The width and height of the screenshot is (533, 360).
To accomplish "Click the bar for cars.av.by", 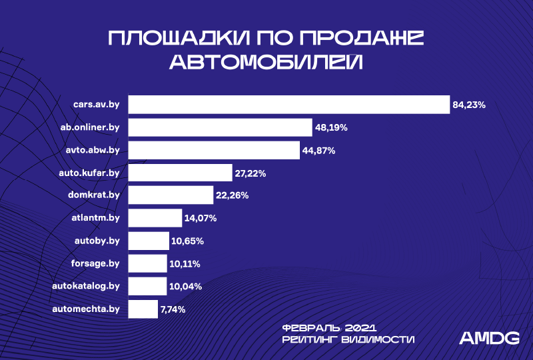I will (288, 105).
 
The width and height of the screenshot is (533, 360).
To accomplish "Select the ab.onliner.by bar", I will (220, 127).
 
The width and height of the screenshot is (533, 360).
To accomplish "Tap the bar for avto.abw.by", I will (214, 151).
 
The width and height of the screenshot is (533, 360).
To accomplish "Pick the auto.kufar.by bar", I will (180, 173).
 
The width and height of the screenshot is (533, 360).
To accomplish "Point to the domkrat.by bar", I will (171, 196).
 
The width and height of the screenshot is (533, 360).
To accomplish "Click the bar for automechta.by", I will (143, 309).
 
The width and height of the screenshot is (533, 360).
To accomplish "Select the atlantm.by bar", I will (155, 219).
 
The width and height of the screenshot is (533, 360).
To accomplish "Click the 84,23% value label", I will (469, 105).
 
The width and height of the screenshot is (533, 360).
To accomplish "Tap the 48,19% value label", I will (332, 127).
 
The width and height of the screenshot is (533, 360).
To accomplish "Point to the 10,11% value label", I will (185, 264).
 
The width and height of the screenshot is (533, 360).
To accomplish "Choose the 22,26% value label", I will (233, 196).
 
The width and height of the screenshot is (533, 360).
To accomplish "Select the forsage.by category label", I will (96, 263).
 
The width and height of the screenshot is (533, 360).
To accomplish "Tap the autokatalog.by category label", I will (86, 286).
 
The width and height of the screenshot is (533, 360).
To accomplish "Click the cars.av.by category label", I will (97, 105).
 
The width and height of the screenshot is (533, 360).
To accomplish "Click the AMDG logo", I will (490, 338).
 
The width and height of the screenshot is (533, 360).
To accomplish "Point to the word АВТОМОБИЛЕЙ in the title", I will (266, 62).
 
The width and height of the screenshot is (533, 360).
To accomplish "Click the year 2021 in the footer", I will (362, 327).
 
